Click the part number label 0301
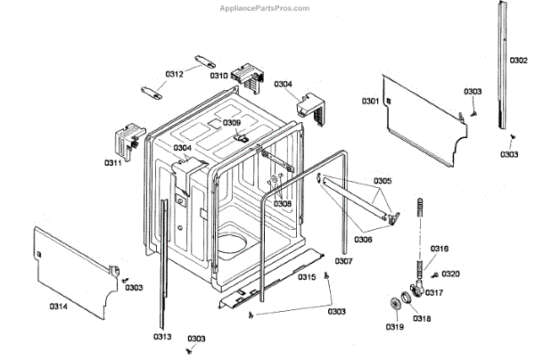[370, 102]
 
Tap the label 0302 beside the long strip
[518, 60]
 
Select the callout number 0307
[344, 261]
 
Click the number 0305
[383, 181]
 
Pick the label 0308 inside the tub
[283, 204]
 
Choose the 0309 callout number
[232, 122]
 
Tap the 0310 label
[219, 76]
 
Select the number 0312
[174, 74]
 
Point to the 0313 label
[161, 336]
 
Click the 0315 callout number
[307, 277]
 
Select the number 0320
[451, 274]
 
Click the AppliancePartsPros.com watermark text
[265, 7]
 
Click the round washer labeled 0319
[393, 306]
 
